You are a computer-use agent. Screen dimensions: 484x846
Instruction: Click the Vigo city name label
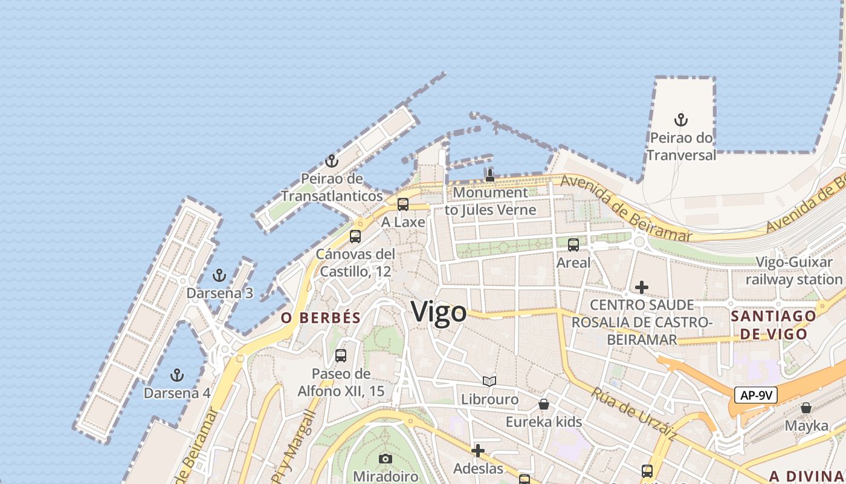point(439,312)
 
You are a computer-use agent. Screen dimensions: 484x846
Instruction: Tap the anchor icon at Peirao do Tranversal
point(681,120)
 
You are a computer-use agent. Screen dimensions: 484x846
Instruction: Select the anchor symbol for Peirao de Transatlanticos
point(331,161)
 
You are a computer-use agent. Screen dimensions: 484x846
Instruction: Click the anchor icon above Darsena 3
point(219,276)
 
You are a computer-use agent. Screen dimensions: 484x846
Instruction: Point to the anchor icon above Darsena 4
point(176,376)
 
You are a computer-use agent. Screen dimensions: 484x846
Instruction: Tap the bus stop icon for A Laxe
point(403,204)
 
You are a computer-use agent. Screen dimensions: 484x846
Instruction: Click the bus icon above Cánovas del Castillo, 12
point(355,237)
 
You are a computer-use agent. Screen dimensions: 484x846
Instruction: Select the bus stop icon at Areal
point(573,245)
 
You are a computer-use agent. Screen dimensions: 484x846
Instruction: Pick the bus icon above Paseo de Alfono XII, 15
point(341,356)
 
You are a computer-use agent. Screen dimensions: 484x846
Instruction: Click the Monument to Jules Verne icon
point(490,175)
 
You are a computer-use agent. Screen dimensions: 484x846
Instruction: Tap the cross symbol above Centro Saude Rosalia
point(642,287)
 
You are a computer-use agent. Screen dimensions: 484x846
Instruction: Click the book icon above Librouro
point(489,382)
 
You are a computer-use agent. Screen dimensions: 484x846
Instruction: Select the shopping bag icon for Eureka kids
point(544,404)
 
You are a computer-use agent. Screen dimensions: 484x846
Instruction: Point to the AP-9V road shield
point(756,396)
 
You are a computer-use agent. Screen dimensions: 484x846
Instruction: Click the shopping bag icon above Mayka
point(806,408)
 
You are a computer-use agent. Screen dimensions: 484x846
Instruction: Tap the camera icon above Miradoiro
point(385,459)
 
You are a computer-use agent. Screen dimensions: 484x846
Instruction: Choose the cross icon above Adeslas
point(478,451)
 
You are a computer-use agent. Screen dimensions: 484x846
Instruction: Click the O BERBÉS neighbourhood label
point(321,318)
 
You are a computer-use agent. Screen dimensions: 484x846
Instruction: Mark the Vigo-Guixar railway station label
point(794,271)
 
